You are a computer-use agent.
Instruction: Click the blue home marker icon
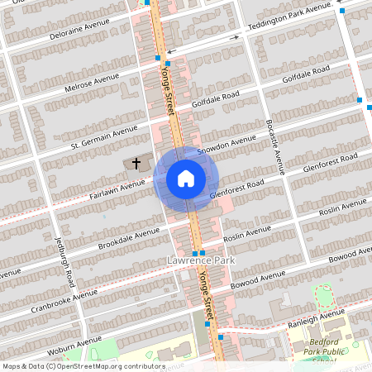tap(185, 179)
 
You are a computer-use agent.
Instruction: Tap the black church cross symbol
tap(136, 165)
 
